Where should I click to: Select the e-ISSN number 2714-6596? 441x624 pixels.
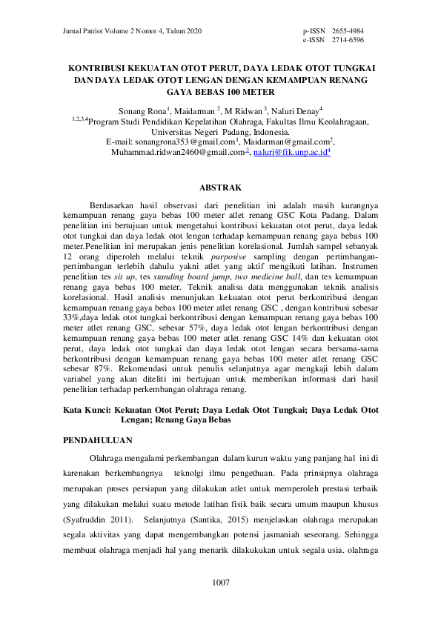coord(348,40)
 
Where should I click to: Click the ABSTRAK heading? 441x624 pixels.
coord(220,187)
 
